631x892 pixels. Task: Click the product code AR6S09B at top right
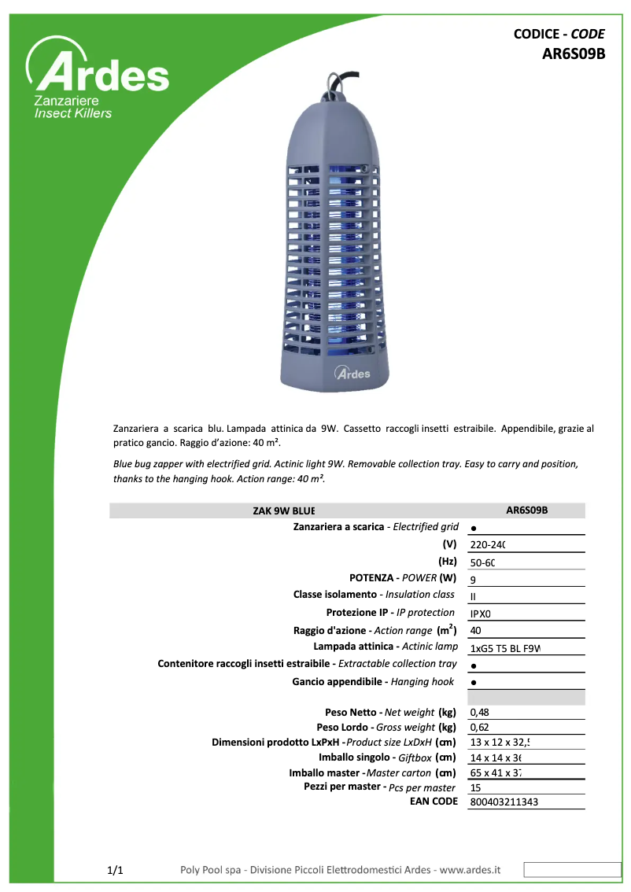tap(573, 54)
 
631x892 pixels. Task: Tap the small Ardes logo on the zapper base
tap(352, 373)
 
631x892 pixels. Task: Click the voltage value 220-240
tap(487, 544)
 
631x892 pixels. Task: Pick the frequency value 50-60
tap(482, 562)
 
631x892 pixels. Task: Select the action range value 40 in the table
tap(475, 631)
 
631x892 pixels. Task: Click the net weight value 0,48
tap(479, 713)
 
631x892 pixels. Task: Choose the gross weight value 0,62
tap(479, 728)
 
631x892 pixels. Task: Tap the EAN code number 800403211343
tap(504, 802)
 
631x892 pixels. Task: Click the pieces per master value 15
tap(475, 787)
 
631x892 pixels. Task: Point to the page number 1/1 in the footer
tap(115, 870)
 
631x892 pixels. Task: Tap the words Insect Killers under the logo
tap(72, 113)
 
